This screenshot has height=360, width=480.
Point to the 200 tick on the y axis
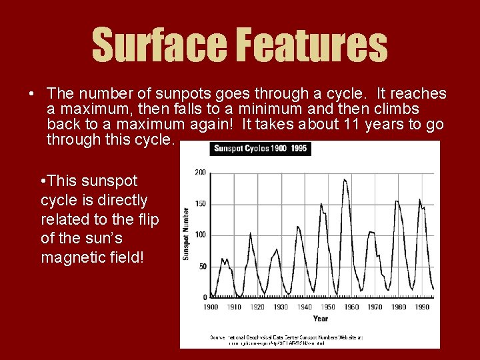(x=199, y=173)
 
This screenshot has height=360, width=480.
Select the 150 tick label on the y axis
(x=199, y=204)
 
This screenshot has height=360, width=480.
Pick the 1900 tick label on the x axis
(x=211, y=307)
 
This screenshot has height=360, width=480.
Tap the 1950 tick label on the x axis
(x=328, y=307)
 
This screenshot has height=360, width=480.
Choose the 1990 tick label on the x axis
(x=422, y=307)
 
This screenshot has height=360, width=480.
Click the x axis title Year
(x=320, y=319)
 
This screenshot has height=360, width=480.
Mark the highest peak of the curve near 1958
(x=345, y=179)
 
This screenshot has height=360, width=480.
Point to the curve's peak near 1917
(x=250, y=233)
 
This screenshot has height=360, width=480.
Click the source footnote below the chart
(x=287, y=341)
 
